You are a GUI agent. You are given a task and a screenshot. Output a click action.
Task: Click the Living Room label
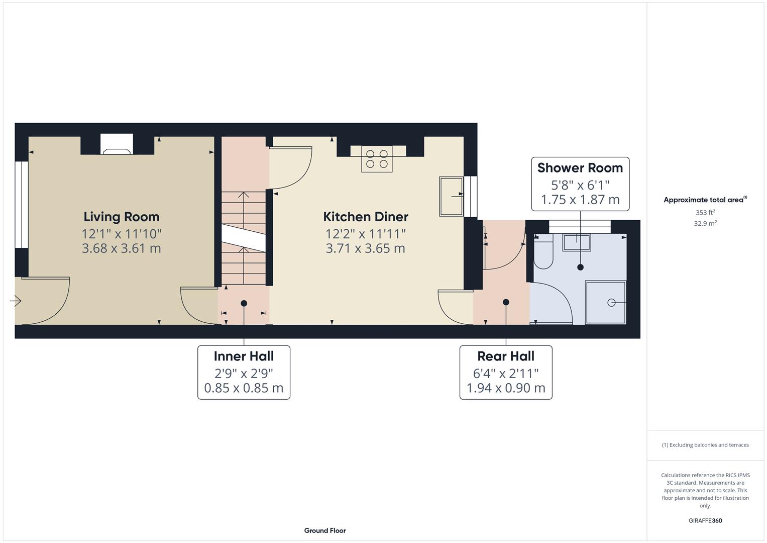coord(121,217)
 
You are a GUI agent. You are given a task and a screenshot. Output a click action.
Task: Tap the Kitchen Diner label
coord(365,217)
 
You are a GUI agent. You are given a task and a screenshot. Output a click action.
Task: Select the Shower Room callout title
coord(580,168)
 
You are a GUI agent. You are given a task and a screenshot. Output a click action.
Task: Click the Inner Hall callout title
coord(244,356)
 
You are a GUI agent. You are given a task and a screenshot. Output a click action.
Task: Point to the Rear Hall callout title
coord(505,356)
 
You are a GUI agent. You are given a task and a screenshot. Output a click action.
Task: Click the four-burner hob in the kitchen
coord(377,159)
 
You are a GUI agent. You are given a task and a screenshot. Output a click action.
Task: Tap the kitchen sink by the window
coord(451,196)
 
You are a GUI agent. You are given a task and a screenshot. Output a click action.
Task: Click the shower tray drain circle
coord(611,302)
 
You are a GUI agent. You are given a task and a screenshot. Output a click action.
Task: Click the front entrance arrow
coord(15,301)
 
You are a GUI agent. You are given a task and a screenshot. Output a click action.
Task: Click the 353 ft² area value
coord(705,213)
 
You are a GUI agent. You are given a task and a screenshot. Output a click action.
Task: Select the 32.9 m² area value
coord(705,224)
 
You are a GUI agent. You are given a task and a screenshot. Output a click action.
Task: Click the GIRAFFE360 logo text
coord(705,521)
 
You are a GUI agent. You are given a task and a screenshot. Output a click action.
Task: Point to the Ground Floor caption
coord(325,530)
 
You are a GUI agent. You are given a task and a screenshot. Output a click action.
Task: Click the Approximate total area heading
coord(705,200)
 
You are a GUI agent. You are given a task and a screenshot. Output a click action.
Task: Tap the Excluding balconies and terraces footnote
coord(705,445)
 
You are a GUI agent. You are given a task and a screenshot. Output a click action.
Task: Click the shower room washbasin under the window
coord(576,242)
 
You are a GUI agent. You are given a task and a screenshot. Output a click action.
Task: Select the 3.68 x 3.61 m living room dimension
coord(121,248)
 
